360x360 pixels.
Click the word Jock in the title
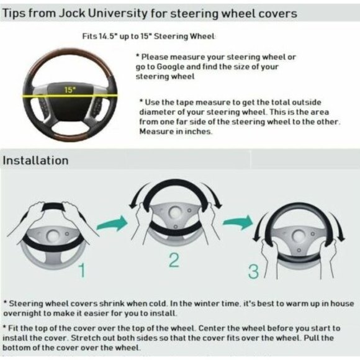point(72,13)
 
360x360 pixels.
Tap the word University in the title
point(118,14)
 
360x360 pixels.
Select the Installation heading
point(35,160)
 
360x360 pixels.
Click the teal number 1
point(82,270)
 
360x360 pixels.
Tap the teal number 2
point(174,260)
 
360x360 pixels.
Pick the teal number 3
point(253,272)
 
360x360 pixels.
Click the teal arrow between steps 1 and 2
point(112,223)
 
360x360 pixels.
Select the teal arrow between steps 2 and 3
point(238,222)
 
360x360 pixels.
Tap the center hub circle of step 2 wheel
point(175,212)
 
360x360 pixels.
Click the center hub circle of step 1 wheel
point(53,236)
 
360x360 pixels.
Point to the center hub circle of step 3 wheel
point(299,236)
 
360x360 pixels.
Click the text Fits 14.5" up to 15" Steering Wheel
point(149,36)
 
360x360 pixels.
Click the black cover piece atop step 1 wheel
point(53,207)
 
